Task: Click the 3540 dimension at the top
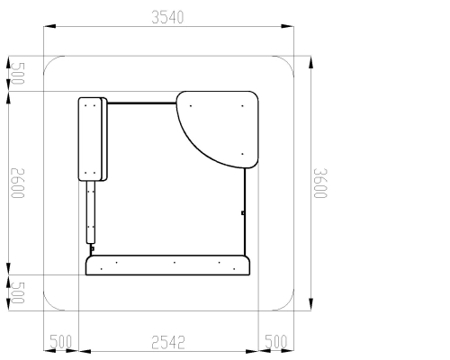[167, 17]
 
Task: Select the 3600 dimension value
[320, 183]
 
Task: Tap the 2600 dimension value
[18, 183]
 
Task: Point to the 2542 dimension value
[168, 343]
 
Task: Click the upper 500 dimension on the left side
[18, 74]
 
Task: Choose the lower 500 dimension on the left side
[18, 292]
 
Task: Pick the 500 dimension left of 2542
[60, 342]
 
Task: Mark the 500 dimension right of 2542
[276, 342]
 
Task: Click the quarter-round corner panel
[217, 130]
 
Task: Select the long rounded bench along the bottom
[167, 265]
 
